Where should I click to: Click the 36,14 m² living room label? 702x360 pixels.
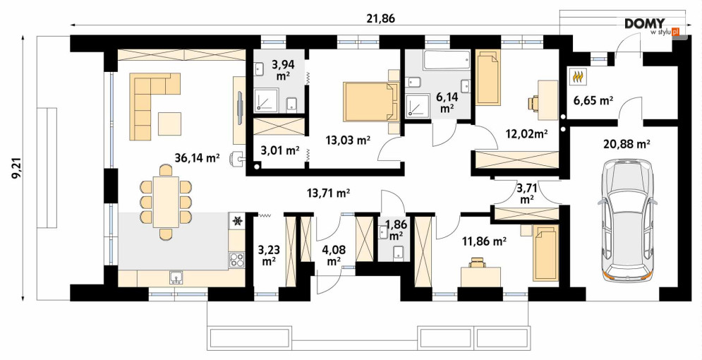click(197, 157)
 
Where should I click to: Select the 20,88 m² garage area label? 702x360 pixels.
click(624, 144)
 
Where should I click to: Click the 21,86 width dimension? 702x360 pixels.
click(381, 18)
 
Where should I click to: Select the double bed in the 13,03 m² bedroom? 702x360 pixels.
click(371, 102)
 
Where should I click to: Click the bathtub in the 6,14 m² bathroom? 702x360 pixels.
click(447, 60)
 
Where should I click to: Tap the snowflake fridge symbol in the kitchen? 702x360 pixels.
click(237, 220)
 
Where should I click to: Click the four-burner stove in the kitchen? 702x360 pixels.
click(237, 260)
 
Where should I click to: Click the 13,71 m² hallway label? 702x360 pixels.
click(328, 193)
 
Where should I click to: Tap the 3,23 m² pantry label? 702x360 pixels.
click(269, 253)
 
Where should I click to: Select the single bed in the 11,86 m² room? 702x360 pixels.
click(545, 253)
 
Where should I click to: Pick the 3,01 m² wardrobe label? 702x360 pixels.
click(281, 150)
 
